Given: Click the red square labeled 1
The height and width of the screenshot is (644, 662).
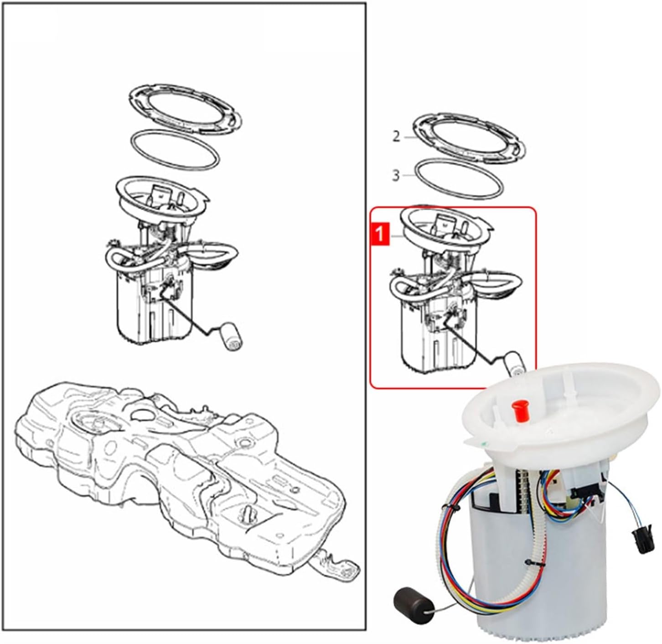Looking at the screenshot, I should coord(380,234).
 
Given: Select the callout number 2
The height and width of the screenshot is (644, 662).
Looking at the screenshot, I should coord(396,136).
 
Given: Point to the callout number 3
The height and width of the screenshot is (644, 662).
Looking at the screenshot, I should coord(396,175).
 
